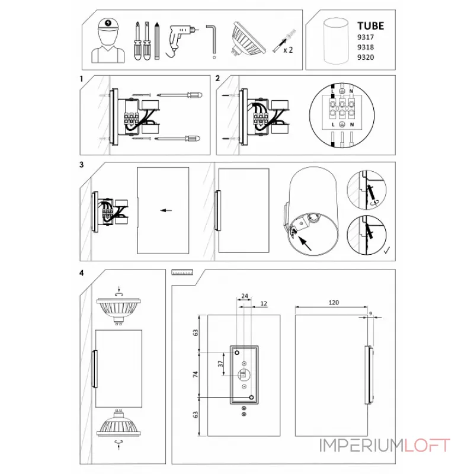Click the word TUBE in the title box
[x=371, y=26]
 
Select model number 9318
[x=366, y=47]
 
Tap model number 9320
[x=366, y=57]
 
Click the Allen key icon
[x=212, y=41]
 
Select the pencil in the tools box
[x=156, y=41]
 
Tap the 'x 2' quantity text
[x=288, y=50]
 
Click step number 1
[x=81, y=79]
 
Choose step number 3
[x=81, y=165]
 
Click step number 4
[x=81, y=273]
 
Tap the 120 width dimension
[x=334, y=303]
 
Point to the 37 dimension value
[x=220, y=364]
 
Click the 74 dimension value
[x=196, y=374]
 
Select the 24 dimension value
[x=245, y=296]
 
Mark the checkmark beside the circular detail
[x=387, y=250]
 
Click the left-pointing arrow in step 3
[x=166, y=210]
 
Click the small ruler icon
[x=182, y=273]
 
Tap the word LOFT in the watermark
[x=427, y=446]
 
